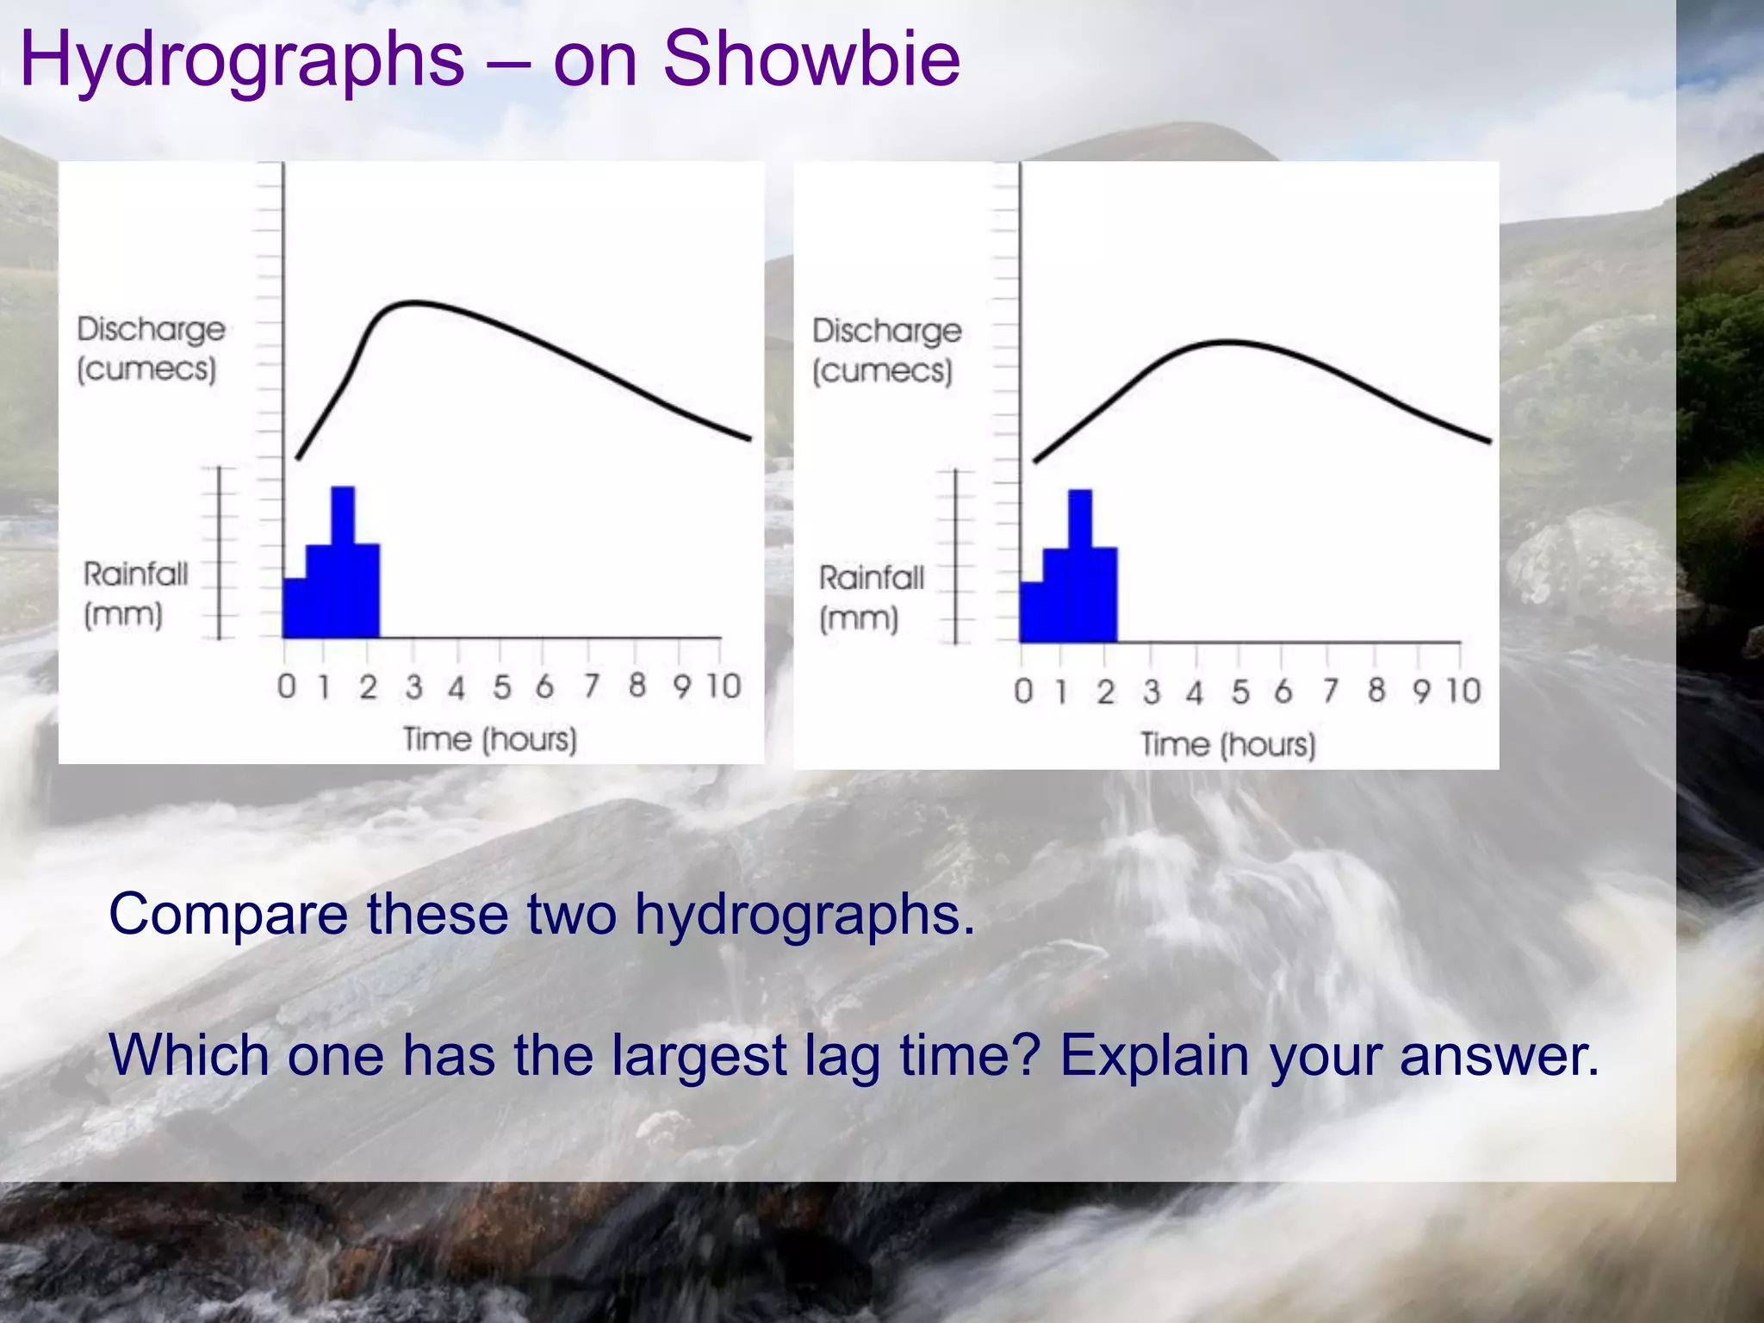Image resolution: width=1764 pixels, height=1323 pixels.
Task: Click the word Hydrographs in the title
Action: pos(241,60)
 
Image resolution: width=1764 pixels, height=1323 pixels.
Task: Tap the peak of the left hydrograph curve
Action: pos(413,302)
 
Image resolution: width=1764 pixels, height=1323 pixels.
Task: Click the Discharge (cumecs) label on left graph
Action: pos(150,349)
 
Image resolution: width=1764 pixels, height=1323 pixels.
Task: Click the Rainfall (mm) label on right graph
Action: pos(870,598)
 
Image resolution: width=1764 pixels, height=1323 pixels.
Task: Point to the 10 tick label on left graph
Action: pos(724,686)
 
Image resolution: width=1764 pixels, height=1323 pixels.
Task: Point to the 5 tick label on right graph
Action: pos(1239,692)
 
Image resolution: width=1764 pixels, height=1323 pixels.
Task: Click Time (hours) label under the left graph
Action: pos(490,739)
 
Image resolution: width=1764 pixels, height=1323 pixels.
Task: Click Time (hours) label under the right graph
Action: pos(1228,744)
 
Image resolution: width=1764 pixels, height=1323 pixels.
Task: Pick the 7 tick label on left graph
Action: pos(591,686)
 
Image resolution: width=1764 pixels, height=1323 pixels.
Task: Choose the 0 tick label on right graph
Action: pos(1023,691)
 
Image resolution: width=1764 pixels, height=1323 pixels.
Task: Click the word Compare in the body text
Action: pos(227,914)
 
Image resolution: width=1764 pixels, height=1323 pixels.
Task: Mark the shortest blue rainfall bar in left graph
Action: pos(294,608)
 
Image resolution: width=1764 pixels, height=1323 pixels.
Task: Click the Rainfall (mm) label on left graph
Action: pos(134,594)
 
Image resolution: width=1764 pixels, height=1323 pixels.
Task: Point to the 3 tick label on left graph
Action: pos(414,686)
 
